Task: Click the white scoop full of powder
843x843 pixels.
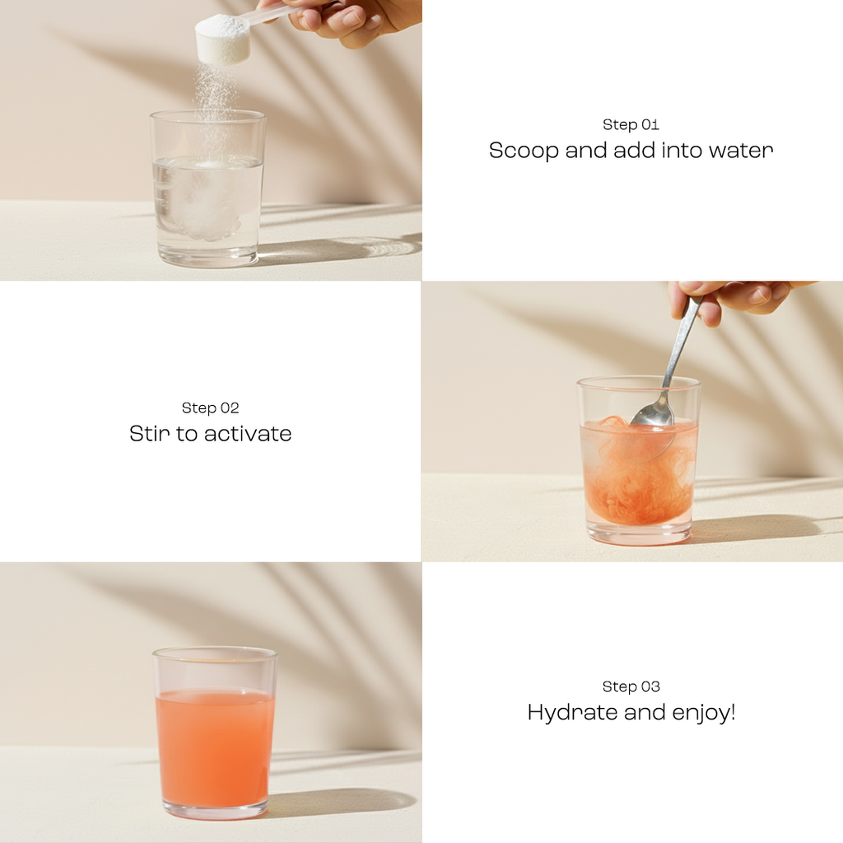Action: click(x=222, y=38)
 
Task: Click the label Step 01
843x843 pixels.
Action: click(x=631, y=125)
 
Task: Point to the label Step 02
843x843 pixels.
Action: click(x=210, y=408)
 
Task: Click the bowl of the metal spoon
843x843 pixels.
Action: click(x=653, y=413)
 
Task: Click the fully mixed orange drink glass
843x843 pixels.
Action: click(x=215, y=741)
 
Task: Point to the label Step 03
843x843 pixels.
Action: click(x=631, y=687)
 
